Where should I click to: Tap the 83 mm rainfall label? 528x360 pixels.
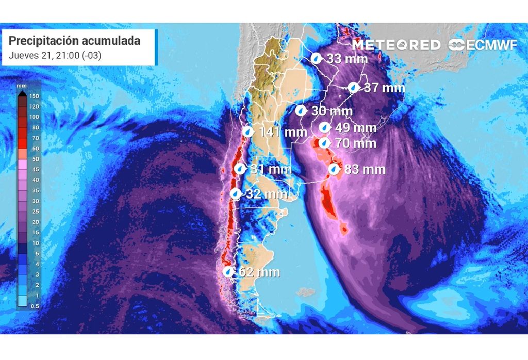(x=365, y=169)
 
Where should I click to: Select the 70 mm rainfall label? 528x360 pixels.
(x=355, y=143)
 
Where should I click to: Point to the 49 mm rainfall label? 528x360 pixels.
(x=355, y=127)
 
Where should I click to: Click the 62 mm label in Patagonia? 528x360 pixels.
(x=259, y=272)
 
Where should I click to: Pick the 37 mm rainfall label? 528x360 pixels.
(x=384, y=88)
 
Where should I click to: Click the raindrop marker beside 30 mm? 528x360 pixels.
(x=301, y=110)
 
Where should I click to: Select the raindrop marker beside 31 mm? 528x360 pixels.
(x=240, y=169)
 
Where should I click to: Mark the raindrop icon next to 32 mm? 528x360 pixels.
(x=235, y=194)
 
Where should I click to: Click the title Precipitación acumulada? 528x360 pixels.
(x=75, y=41)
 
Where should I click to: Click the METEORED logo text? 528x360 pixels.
(x=397, y=45)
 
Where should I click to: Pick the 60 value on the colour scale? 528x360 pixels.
(x=36, y=149)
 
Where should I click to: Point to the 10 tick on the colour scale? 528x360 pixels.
(x=36, y=243)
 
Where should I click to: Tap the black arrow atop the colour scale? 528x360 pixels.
(x=22, y=94)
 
